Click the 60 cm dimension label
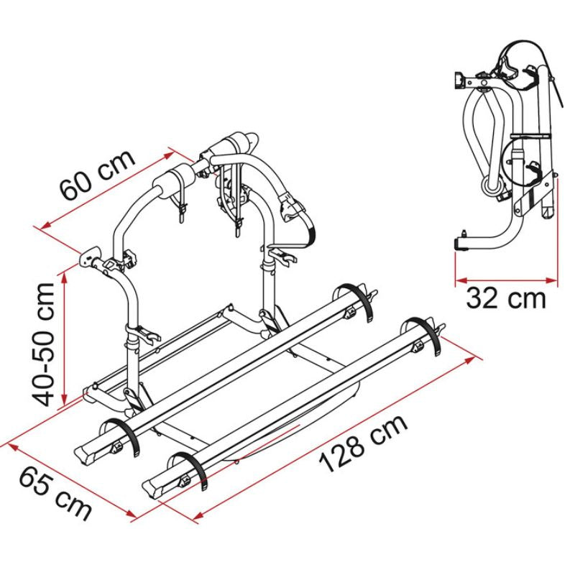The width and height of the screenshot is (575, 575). tap(98, 175)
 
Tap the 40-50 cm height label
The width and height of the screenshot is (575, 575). tap(43, 345)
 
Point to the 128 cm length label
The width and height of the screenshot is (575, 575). tap(363, 443)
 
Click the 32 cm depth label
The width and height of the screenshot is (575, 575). tap(506, 299)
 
